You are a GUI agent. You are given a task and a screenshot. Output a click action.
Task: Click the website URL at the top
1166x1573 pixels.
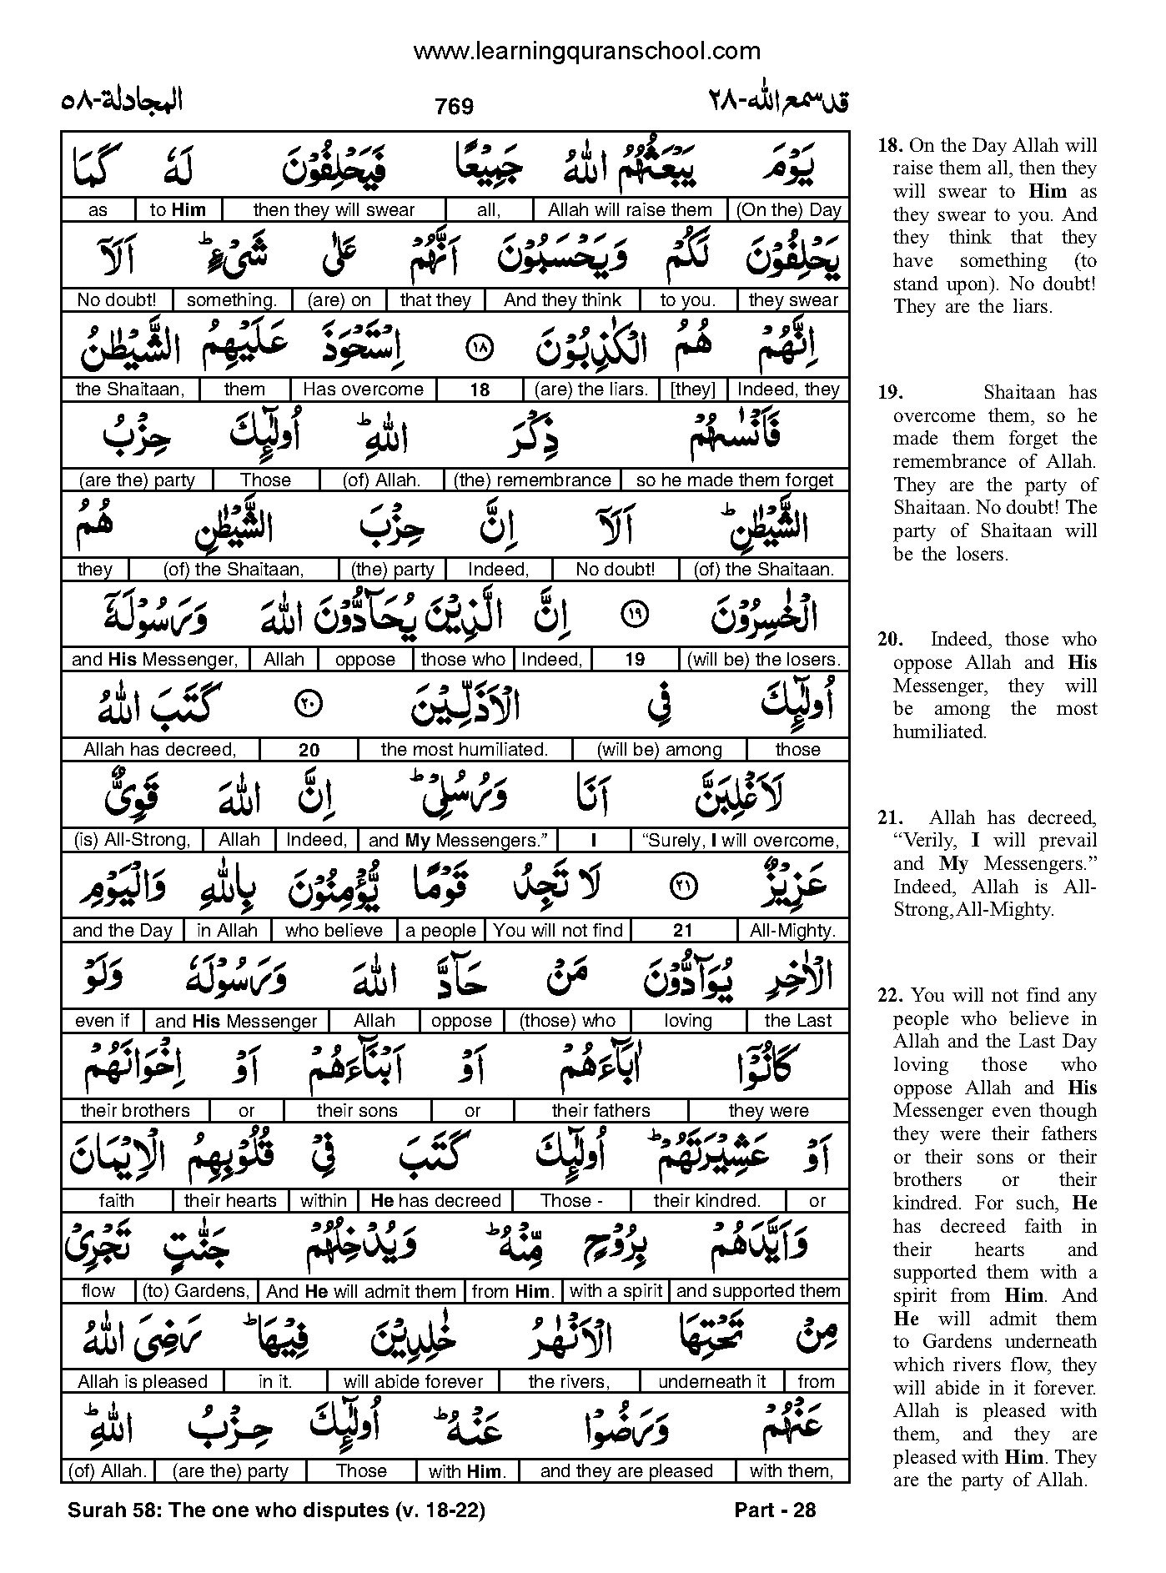click(x=586, y=52)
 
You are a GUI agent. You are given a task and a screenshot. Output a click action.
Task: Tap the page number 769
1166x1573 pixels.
click(x=455, y=107)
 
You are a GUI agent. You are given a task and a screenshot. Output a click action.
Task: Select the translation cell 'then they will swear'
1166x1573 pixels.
click(x=334, y=210)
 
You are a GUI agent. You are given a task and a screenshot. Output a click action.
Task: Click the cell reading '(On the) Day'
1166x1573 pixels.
click(x=788, y=210)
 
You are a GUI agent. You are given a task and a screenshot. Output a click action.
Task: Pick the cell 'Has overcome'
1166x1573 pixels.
click(x=363, y=389)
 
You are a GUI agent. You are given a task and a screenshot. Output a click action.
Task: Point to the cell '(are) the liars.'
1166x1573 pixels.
click(x=591, y=389)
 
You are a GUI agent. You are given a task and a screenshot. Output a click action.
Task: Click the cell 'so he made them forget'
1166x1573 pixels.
click(x=735, y=480)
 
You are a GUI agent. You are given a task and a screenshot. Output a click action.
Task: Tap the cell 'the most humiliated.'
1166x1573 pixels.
click(x=465, y=750)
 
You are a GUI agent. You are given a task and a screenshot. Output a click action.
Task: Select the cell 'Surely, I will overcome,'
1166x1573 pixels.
click(x=740, y=840)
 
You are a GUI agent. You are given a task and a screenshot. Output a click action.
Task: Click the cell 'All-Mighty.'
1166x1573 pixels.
click(x=792, y=931)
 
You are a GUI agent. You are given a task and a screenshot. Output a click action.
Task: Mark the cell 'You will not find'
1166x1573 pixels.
click(x=558, y=931)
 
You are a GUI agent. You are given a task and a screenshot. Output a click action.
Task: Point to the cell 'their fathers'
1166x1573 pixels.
click(x=601, y=1111)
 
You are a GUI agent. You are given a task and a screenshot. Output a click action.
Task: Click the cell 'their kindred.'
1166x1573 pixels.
click(x=707, y=1201)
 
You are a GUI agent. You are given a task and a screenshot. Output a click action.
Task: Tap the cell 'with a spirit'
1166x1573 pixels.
click(x=616, y=1291)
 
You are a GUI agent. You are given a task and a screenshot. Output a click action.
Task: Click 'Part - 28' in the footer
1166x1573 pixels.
click(x=775, y=1510)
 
